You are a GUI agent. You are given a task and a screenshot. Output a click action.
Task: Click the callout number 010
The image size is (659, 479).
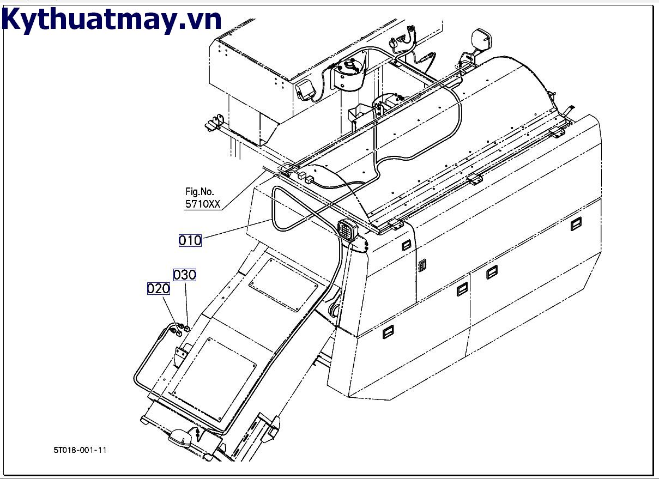pos(190,240)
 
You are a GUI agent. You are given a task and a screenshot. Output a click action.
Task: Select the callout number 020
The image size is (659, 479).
pos(158,289)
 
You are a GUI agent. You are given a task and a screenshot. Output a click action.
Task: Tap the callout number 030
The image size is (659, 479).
pos(185,275)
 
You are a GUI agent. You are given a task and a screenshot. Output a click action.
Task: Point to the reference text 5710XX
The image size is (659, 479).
pos(203,205)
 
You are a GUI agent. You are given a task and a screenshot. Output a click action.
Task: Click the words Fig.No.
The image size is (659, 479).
pos(199,192)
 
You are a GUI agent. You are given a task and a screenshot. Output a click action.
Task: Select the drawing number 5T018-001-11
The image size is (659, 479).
pos(80,450)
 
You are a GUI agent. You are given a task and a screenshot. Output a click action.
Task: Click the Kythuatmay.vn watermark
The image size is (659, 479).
pos(112,20)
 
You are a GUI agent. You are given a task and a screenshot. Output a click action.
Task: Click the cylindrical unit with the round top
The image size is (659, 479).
pos(348,74)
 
